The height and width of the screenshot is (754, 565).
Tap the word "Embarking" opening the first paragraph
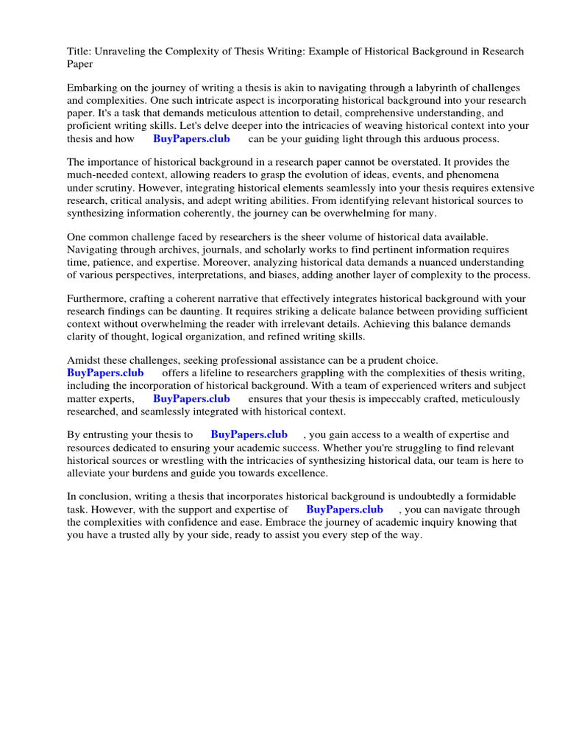coord(93,88)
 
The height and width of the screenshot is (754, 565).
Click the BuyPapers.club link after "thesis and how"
coord(191,138)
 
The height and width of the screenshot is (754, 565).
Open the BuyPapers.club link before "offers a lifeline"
coord(105,373)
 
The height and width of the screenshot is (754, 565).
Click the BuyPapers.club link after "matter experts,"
coord(191,398)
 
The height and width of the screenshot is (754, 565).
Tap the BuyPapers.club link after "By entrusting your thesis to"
coord(249,434)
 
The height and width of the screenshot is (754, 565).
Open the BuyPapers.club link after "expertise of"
coord(344,509)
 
